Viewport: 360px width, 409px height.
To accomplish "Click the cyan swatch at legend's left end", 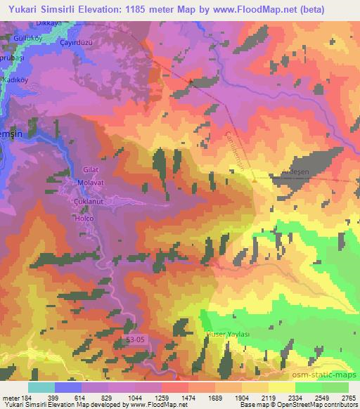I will (x=41, y=387).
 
